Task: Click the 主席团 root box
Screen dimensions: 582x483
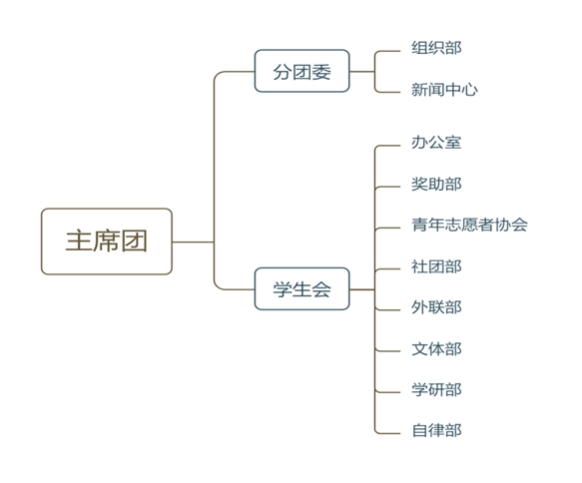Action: [x=107, y=241]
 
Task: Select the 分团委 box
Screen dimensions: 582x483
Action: [x=301, y=71]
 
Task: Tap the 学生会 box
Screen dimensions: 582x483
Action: [x=301, y=288]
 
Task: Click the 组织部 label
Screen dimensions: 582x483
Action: [x=436, y=48]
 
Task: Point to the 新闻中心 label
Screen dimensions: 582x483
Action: [x=444, y=90]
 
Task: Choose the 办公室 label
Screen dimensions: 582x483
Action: [x=436, y=143]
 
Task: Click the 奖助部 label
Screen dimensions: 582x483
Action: [x=436, y=184]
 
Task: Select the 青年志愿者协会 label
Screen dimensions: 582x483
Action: [x=469, y=225]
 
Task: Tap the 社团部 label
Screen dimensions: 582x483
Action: [x=436, y=266]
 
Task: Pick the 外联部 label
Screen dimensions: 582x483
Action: [x=436, y=307]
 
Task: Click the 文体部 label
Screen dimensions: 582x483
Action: [x=436, y=349]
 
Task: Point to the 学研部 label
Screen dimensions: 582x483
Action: [x=436, y=390]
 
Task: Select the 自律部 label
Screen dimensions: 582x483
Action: [x=436, y=431]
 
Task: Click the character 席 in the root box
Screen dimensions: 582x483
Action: [x=107, y=241]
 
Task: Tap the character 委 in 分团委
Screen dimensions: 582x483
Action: [x=321, y=72]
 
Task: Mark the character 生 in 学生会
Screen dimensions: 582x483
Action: [x=301, y=289]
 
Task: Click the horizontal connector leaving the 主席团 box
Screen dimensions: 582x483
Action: [x=193, y=241]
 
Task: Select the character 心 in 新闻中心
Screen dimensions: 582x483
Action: [x=470, y=90]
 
